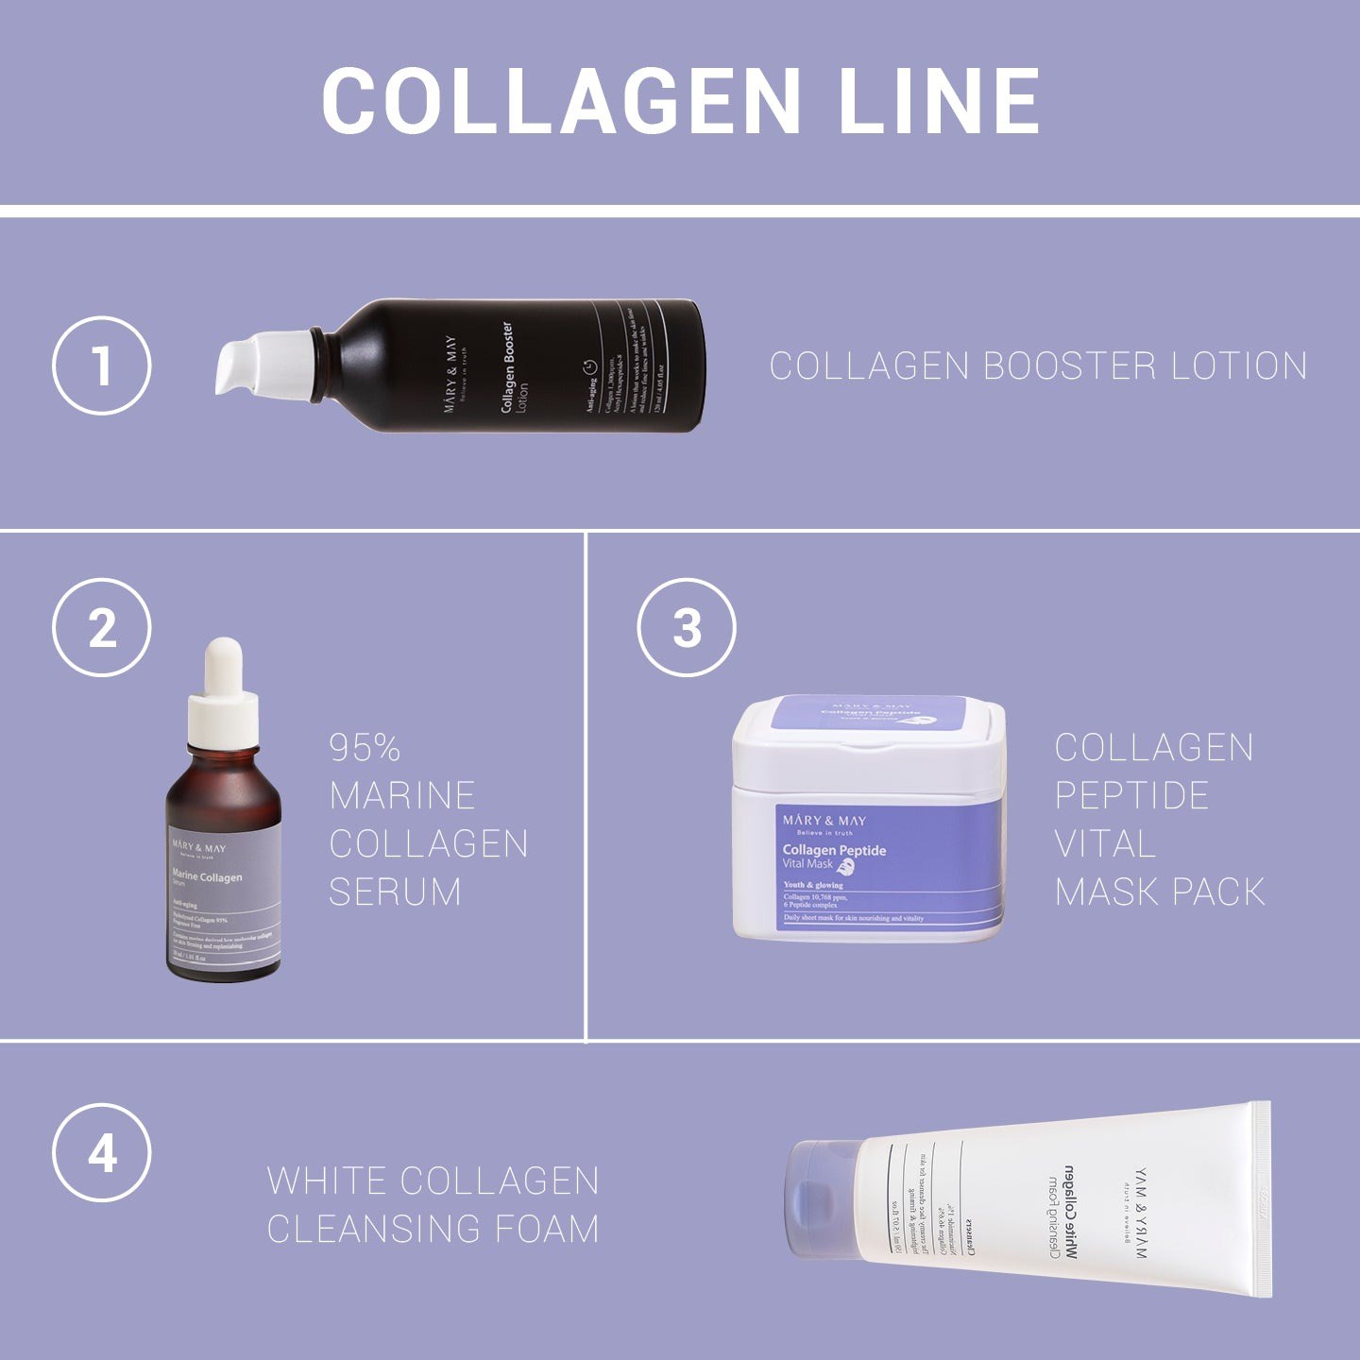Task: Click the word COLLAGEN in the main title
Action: click(x=561, y=101)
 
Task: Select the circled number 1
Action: click(x=101, y=365)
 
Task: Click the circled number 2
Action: click(x=101, y=627)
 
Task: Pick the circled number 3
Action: click(x=687, y=627)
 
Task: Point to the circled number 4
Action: click(x=101, y=1152)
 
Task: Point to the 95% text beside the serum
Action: click(x=365, y=748)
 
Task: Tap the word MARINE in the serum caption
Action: click(x=402, y=795)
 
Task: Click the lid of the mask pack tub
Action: click(x=869, y=727)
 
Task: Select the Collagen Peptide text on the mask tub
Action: click(x=834, y=850)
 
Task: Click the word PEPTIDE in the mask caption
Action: click(x=1131, y=795)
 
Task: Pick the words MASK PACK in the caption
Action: click(x=1160, y=892)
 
